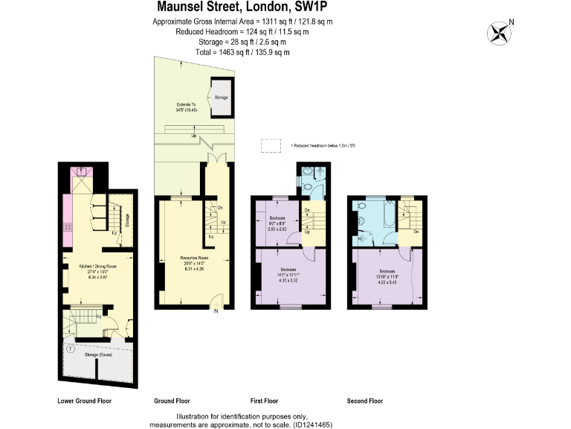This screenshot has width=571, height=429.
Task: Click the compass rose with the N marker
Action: pos(499,33)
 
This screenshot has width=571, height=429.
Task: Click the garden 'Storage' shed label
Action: pos(221,98)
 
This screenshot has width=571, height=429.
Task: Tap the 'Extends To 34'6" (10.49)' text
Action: pos(186,107)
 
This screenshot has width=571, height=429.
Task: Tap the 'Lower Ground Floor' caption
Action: pos(84,401)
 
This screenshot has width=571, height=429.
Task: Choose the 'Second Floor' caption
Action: pos(365,401)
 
